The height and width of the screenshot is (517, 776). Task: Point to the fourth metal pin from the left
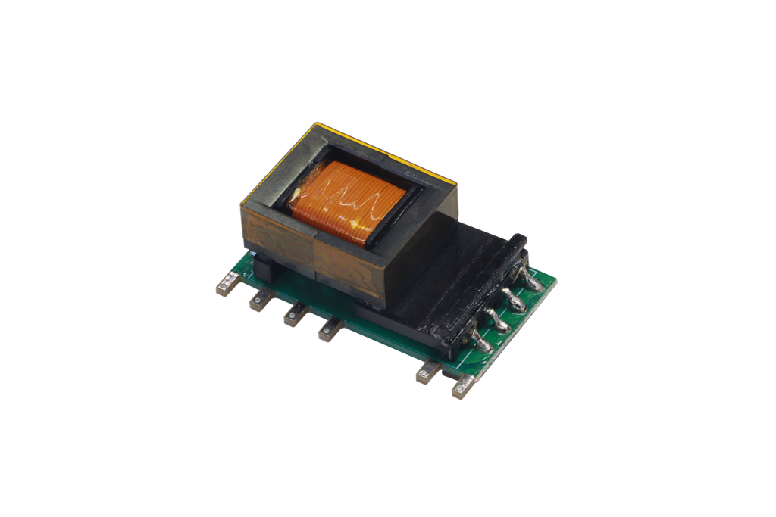329,329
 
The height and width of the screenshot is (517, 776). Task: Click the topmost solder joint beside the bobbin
531,281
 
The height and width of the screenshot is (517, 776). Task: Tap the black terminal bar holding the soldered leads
477,295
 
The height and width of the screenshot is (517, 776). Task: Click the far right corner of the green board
556,281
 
